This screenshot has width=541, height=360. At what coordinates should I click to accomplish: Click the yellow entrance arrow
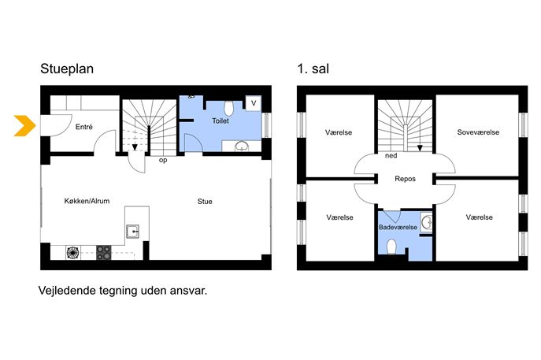(25, 125)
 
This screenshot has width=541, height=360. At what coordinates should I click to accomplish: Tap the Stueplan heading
(67, 69)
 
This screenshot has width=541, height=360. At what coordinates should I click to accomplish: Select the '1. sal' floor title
(313, 69)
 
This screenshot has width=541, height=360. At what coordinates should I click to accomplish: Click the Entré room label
(83, 127)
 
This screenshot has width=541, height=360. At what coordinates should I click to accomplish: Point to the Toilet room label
(220, 121)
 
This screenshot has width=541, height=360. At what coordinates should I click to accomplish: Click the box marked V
(254, 103)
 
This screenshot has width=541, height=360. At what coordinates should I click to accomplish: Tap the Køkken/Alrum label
(87, 201)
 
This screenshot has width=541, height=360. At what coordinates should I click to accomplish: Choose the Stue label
(205, 201)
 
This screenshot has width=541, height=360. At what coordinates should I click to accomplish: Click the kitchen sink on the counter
(132, 232)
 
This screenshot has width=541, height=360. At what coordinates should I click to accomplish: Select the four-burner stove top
(103, 253)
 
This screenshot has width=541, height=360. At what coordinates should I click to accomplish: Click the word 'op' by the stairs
(163, 160)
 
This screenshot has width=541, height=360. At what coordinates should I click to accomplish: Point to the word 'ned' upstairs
(391, 156)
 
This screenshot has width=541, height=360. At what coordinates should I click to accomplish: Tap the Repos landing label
(405, 179)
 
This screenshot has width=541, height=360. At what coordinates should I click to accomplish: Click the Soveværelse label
(478, 132)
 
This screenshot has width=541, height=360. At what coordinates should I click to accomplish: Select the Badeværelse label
(398, 227)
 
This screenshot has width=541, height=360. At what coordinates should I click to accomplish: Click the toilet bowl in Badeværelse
(391, 247)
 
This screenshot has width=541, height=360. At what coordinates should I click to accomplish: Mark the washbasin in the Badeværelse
(427, 222)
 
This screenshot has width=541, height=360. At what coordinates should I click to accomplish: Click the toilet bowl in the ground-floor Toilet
(228, 108)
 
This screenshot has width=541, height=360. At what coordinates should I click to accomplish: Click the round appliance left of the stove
(72, 253)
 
